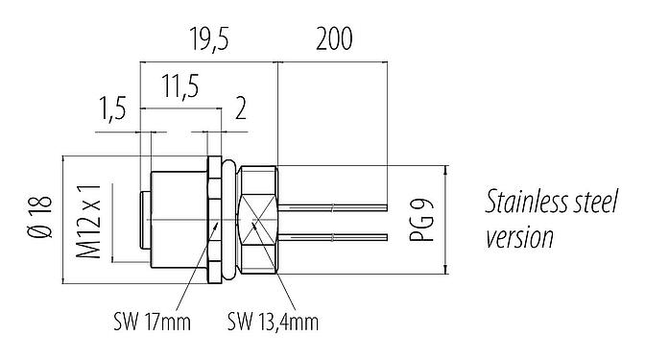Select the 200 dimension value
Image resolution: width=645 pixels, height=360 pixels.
(x=332, y=40)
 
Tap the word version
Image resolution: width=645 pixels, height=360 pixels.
(x=519, y=236)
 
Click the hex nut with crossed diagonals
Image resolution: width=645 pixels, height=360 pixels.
(x=257, y=220)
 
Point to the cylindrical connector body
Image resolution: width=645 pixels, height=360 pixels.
(x=178, y=220)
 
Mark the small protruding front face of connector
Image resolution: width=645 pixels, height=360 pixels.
(x=145, y=220)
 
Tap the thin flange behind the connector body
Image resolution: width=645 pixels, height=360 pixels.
(x=212, y=220)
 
